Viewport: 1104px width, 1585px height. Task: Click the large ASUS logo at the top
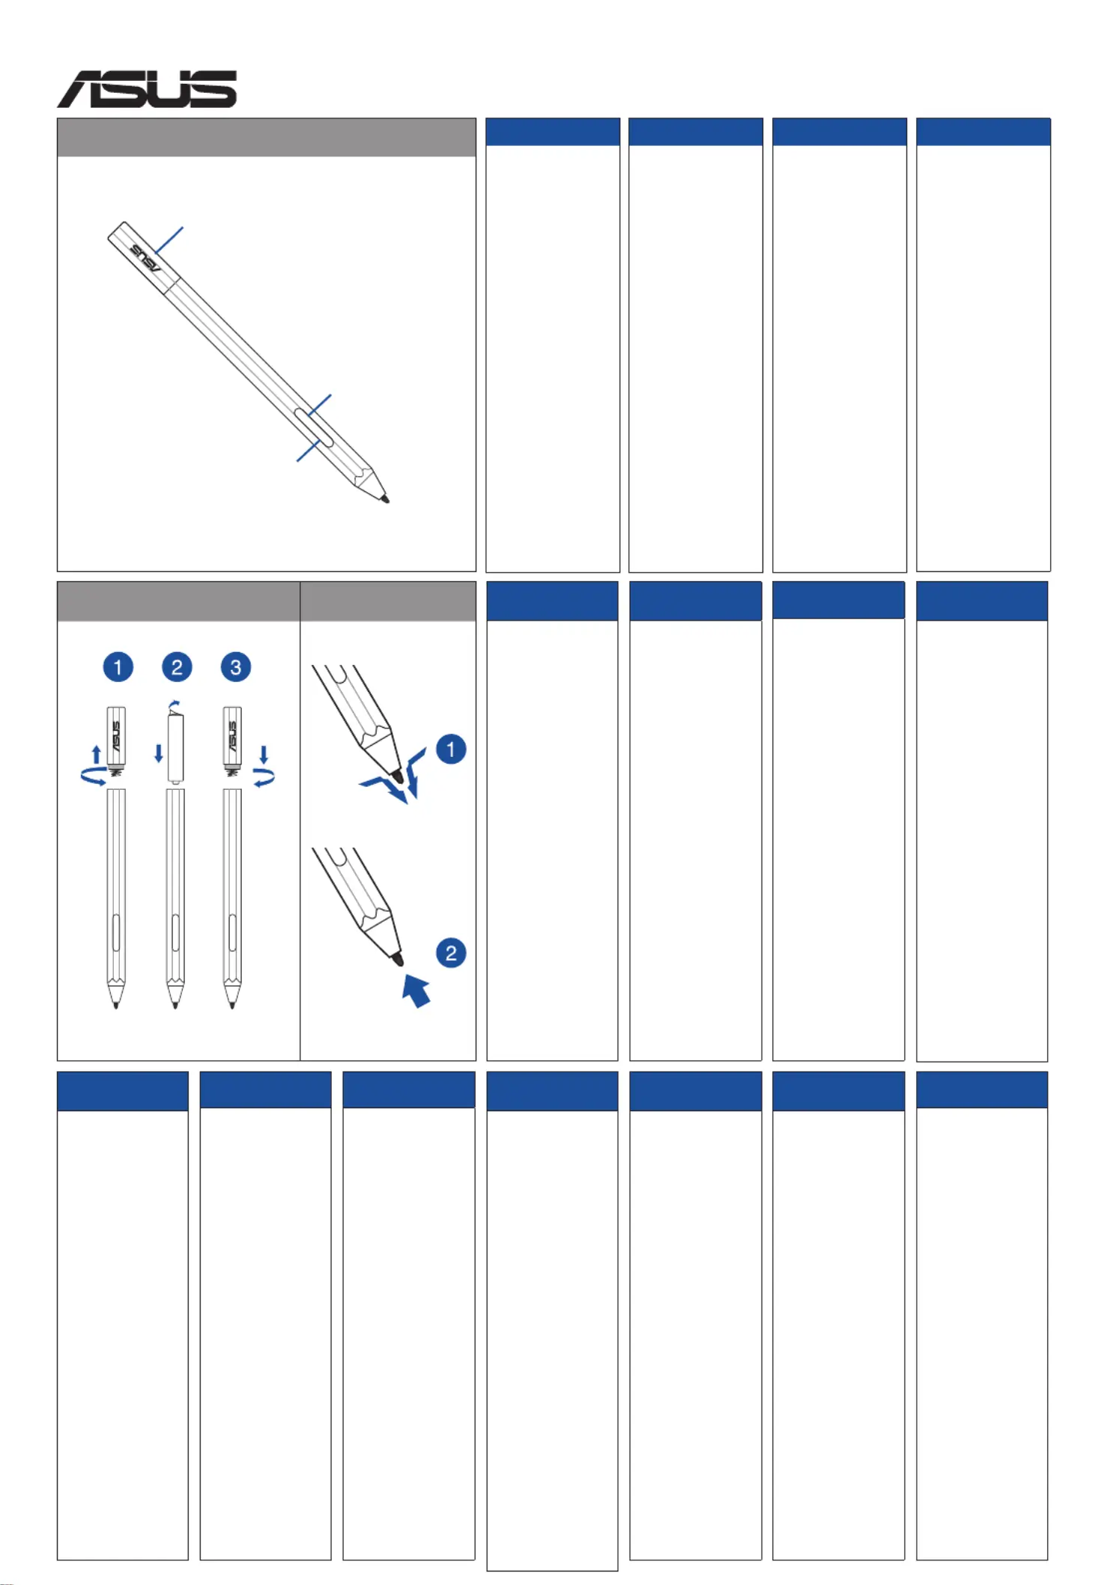(147, 90)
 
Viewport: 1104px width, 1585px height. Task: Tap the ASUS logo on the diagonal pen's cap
(145, 258)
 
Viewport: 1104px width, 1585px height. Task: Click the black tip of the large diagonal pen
(385, 499)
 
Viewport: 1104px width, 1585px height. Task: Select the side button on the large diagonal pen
(314, 428)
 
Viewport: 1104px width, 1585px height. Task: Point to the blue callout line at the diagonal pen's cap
(169, 240)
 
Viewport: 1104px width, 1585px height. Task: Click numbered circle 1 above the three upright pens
(118, 667)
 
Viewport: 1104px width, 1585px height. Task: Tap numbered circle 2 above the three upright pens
(177, 667)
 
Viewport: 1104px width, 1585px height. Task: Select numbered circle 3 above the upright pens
(236, 667)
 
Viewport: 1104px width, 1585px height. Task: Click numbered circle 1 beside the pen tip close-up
(451, 749)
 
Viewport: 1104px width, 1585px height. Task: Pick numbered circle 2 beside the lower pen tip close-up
(451, 953)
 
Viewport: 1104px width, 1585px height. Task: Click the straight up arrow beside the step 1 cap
(96, 754)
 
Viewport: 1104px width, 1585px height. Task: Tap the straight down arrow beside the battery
(159, 753)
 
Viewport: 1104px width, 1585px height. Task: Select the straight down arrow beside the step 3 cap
(264, 754)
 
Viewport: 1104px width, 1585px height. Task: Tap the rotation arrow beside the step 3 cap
(264, 779)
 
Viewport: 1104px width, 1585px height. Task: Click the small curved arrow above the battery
(175, 705)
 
